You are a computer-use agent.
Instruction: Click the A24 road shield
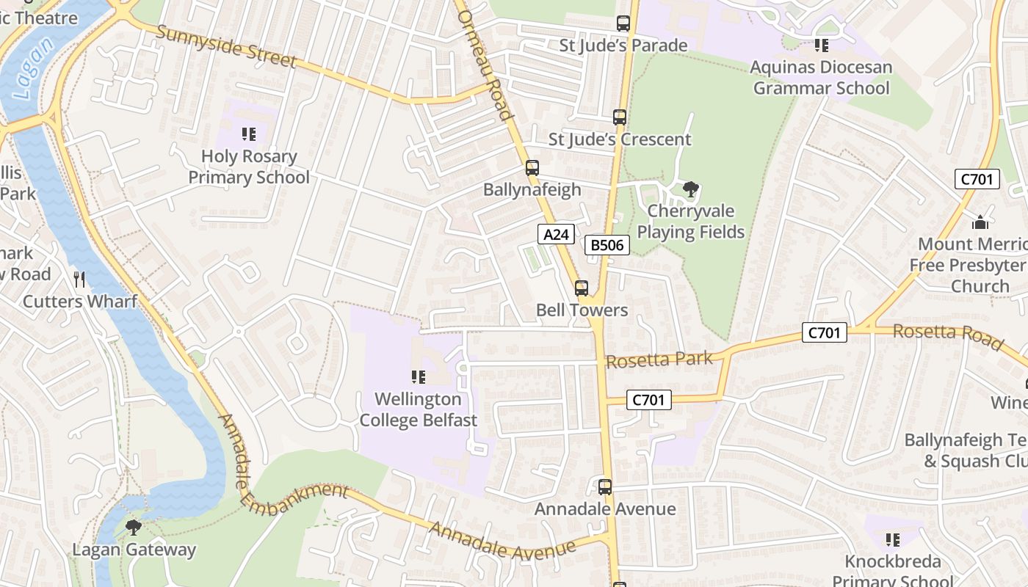pos(556,234)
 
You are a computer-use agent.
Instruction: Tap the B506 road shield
pos(607,245)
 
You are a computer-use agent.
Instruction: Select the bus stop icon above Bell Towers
pos(582,288)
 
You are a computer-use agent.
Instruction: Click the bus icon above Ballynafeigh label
pos(532,167)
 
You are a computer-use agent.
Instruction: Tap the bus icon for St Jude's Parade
pos(623,23)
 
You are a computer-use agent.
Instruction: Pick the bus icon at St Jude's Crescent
pos(620,117)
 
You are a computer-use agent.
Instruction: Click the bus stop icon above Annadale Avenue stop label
pos(605,486)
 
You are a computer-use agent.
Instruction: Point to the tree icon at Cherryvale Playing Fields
pos(690,189)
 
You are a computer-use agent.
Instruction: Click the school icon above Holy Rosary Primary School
pos(249,134)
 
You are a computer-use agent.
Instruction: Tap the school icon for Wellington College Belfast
pos(419,377)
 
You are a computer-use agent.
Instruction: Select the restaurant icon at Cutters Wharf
pos(79,279)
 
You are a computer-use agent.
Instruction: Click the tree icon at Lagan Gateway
pos(134,527)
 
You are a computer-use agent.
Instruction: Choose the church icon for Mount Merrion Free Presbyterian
pos(980,222)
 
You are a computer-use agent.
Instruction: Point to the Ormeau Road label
pos(484,60)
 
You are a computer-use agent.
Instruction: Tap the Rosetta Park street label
pos(659,360)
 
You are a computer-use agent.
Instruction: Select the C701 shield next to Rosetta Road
pos(824,332)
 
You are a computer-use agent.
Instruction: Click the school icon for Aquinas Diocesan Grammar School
pos(822,45)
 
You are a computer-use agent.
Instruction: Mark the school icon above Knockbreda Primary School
pos(893,540)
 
